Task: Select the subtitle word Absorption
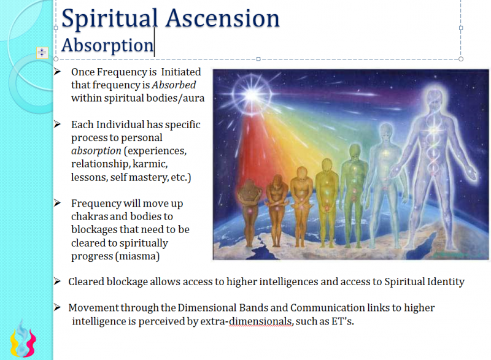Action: (x=107, y=45)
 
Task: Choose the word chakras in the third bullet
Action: (x=90, y=216)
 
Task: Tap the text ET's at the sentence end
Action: (x=341, y=321)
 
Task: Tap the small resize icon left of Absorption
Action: (x=42, y=52)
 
